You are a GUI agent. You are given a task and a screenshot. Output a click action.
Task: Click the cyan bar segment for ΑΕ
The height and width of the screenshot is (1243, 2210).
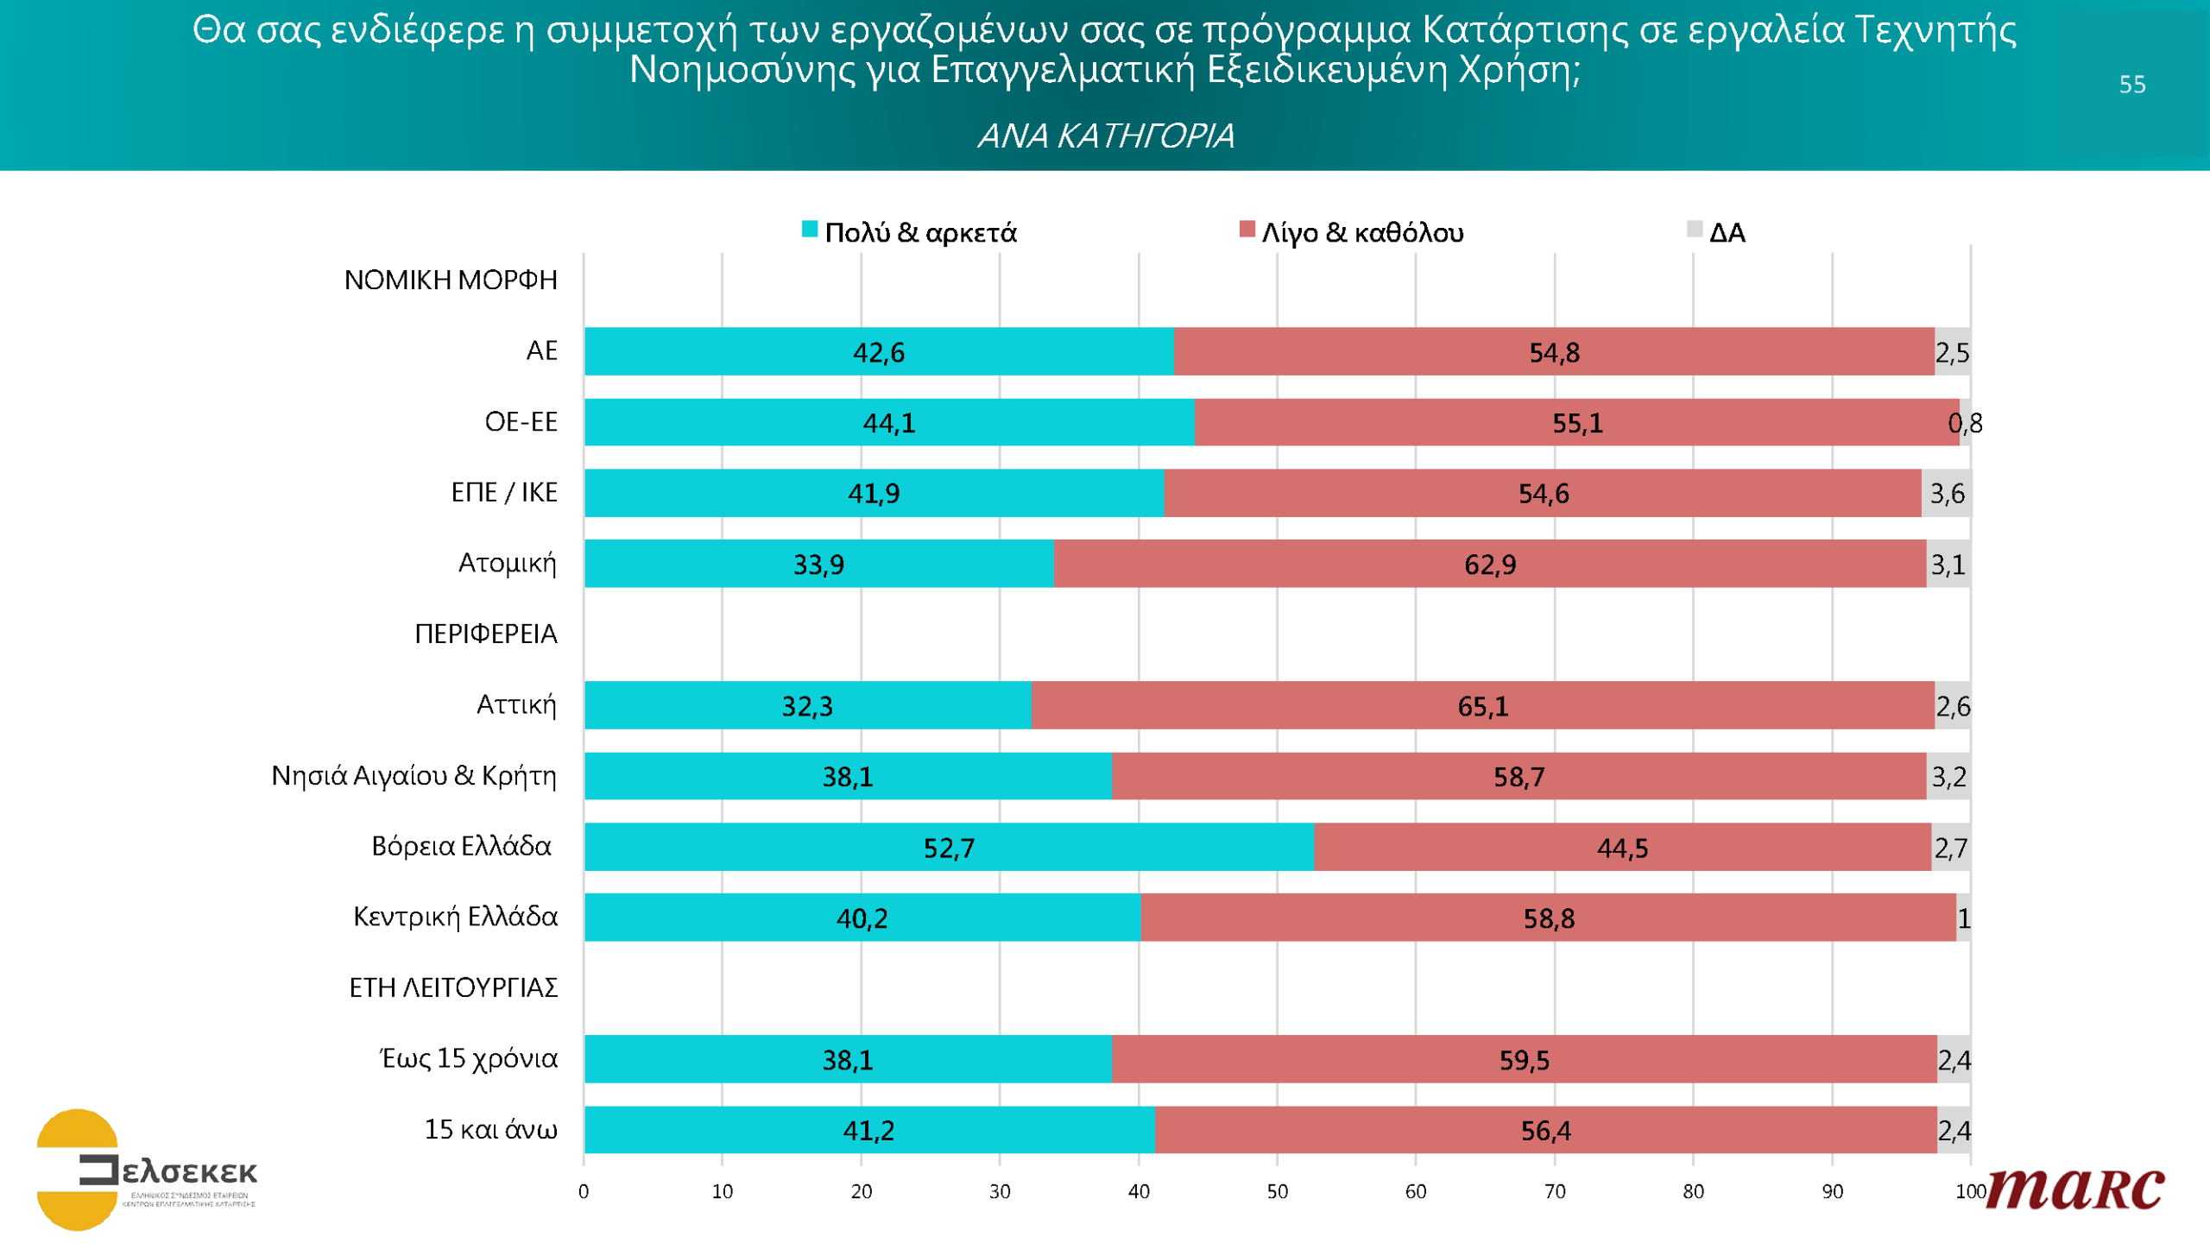pos(878,351)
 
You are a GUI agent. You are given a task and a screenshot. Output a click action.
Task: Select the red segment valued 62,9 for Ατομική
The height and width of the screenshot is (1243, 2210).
pos(1489,564)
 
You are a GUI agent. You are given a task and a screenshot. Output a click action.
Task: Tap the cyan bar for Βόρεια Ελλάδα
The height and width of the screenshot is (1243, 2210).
pos(948,847)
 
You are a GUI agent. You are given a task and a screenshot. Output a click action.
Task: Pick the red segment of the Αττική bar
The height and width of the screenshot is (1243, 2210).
pos(1482,705)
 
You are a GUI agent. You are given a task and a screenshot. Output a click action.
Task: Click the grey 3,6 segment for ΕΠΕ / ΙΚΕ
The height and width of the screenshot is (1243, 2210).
pos(1946,493)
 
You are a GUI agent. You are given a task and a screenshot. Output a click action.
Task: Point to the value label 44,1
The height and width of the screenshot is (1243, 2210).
pos(888,423)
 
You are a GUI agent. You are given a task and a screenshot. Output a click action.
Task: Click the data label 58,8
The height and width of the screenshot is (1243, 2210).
pos(1548,918)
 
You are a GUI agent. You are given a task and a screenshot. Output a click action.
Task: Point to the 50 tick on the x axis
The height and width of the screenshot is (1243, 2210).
pos(1277,1191)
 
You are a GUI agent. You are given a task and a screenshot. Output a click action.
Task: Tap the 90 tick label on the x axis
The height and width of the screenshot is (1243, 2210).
pos(1832,1191)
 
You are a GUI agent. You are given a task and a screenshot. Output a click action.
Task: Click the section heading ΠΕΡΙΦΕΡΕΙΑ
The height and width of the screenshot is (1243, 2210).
pos(485,634)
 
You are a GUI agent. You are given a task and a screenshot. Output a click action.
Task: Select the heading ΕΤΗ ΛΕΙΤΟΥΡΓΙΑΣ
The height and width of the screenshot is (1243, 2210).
pos(453,987)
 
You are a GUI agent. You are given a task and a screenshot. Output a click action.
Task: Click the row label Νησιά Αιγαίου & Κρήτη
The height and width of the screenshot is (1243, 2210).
pos(414,775)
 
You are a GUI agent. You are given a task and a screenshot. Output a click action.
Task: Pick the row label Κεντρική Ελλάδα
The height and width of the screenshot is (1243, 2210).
pos(455,916)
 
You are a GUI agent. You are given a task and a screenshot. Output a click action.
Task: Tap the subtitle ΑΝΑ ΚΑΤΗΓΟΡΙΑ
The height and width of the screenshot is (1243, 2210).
pos(1105,136)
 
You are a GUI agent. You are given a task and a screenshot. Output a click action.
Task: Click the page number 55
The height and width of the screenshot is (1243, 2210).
pos(2131,84)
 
